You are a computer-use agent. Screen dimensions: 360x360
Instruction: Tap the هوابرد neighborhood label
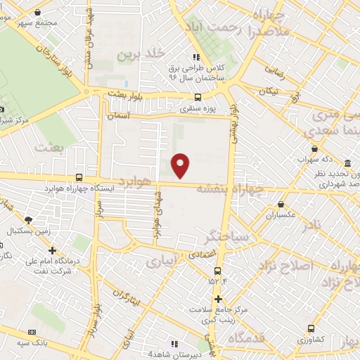(135, 181)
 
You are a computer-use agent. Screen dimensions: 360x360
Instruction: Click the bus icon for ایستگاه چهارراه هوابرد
(78, 178)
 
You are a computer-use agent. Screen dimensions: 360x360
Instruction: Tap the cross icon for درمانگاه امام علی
(52, 250)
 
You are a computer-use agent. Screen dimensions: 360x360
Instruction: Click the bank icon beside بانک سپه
(32, 331)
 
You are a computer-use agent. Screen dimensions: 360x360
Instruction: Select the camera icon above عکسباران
(271, 205)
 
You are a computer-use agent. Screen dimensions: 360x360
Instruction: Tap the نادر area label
(315, 225)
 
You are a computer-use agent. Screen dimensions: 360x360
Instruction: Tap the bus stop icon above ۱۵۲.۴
(218, 270)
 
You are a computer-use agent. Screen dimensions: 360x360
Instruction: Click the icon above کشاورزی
(311, 328)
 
